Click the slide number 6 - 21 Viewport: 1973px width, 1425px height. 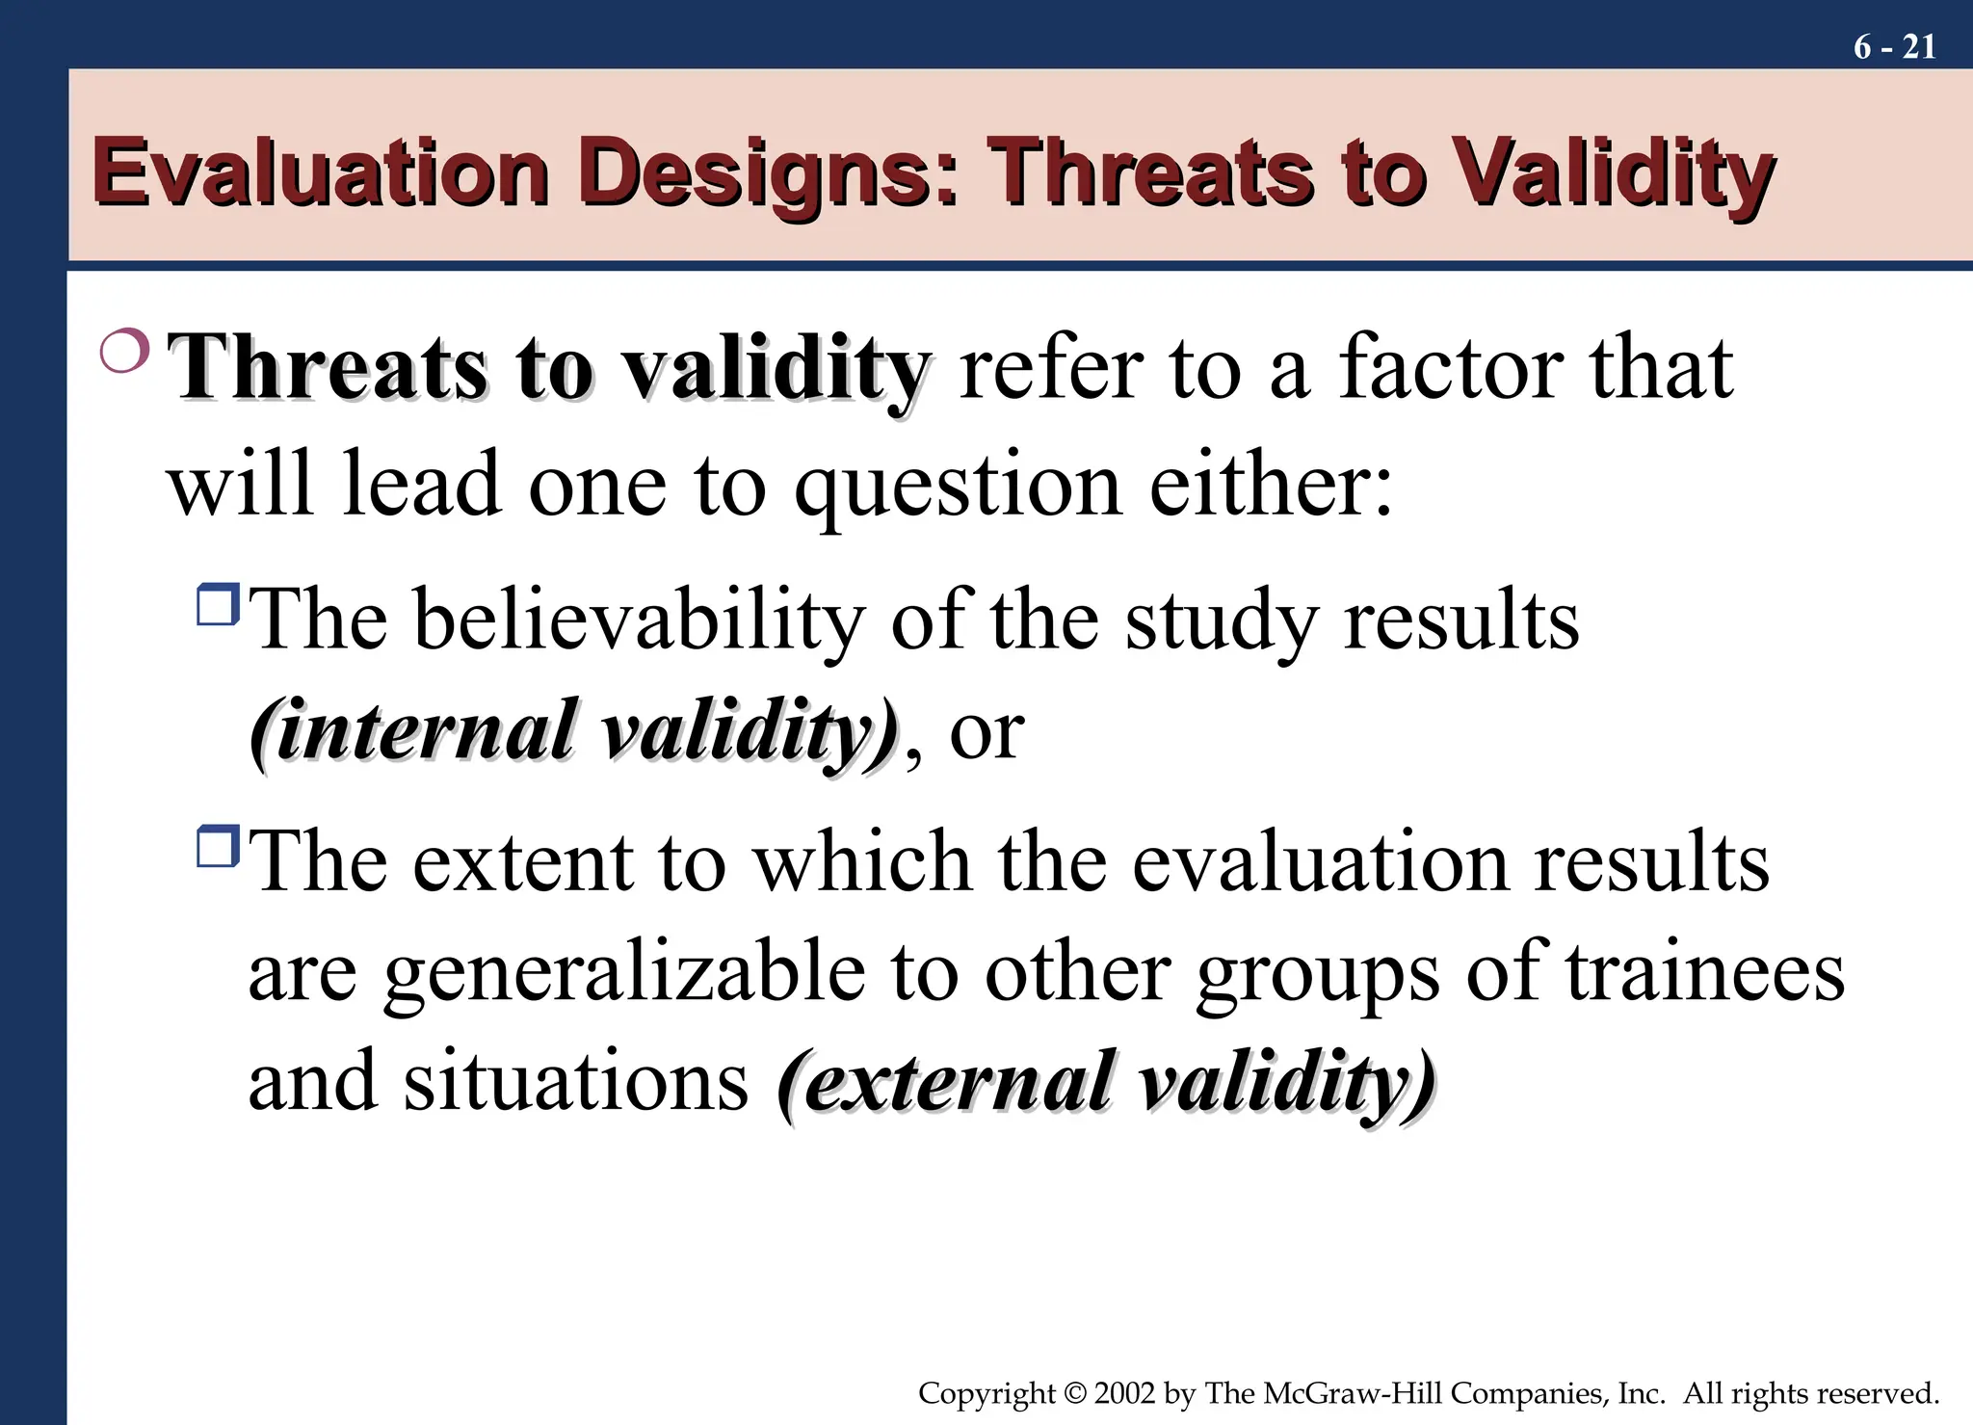pyautogui.click(x=1894, y=46)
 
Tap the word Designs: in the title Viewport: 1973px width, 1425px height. pyautogui.click(x=770, y=174)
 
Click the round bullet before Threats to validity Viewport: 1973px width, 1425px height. pyautogui.click(x=124, y=351)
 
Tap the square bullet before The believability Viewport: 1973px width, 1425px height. pyautogui.click(x=218, y=604)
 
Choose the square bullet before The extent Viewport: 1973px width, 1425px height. pyautogui.click(x=218, y=846)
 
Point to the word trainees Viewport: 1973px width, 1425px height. pyautogui.click(x=1704, y=971)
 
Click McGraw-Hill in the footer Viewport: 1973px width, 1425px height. pyautogui.click(x=1352, y=1393)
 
